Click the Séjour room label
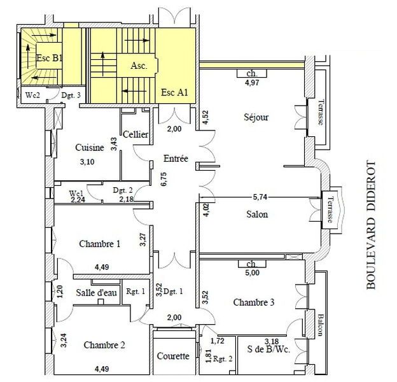(256, 117)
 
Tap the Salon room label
(256, 215)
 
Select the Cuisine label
(89, 148)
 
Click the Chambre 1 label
(100, 244)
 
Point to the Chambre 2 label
(104, 345)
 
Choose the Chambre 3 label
(253, 302)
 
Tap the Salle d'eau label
(95, 293)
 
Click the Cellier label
(136, 134)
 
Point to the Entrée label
(175, 159)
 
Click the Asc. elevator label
(139, 65)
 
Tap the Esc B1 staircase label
(49, 58)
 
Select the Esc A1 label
(174, 92)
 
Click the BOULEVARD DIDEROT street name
(372, 226)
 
